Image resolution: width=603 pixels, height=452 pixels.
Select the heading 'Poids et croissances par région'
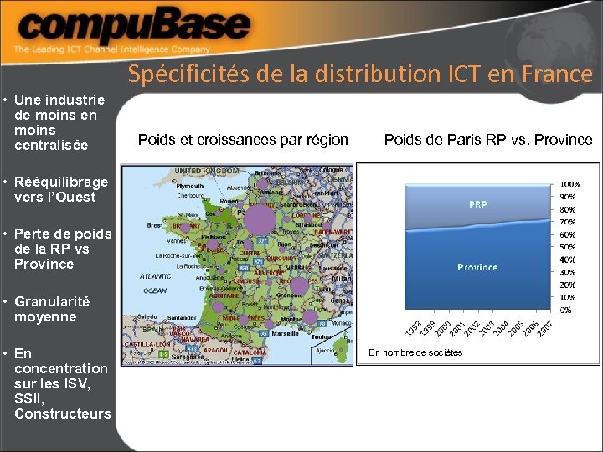[243, 140]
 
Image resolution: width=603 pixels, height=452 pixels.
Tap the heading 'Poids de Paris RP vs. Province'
[487, 140]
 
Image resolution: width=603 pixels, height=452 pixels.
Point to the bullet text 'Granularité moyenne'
[52, 309]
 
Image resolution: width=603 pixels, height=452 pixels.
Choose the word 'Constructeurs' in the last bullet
[63, 413]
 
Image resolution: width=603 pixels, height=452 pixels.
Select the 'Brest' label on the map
[155, 225]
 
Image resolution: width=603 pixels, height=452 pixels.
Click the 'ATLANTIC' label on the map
[155, 276]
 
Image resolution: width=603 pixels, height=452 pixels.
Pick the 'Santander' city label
[182, 318]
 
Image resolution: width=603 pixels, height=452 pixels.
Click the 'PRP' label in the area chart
[478, 204]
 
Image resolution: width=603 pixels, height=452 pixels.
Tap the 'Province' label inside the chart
[477, 267]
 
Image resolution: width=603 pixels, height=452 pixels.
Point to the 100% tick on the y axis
[570, 184]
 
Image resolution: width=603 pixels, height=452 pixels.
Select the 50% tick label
[568, 247]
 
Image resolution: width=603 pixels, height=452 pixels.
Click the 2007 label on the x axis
[544, 328]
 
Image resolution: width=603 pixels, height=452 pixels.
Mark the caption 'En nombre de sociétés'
[415, 352]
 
